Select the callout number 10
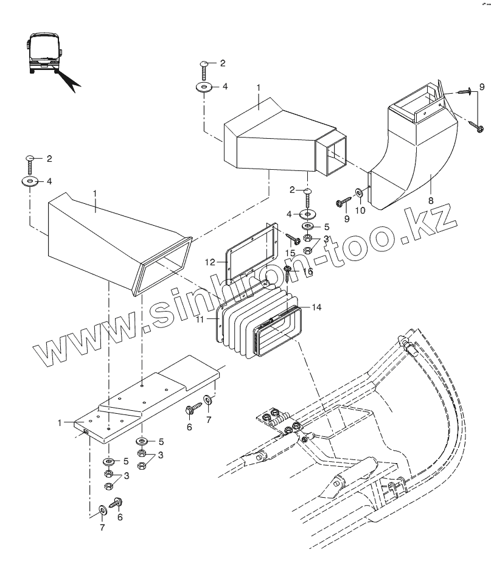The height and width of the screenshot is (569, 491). tap(360, 210)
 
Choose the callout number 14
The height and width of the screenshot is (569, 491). tap(316, 307)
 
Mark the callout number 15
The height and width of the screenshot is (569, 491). tap(291, 252)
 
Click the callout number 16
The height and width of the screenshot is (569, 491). tap(308, 271)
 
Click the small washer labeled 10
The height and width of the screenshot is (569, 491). tap(360, 194)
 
